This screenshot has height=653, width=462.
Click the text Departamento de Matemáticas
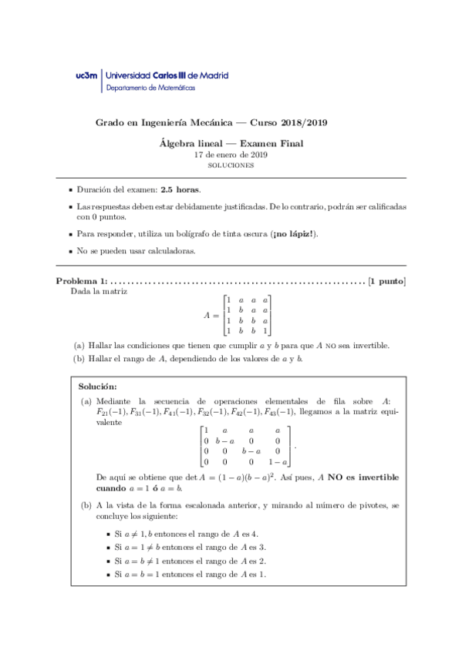(x=150, y=89)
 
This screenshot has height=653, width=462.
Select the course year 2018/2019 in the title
(x=306, y=123)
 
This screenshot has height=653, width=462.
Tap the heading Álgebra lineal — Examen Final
(x=231, y=142)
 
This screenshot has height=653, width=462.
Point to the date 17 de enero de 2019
(x=231, y=154)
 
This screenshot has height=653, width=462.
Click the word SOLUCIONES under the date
(x=231, y=165)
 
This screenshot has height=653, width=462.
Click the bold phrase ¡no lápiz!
(x=294, y=233)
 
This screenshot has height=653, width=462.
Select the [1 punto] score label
(x=387, y=281)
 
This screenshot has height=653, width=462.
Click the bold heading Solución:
(x=98, y=385)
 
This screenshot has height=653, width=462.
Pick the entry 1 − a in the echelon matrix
(x=278, y=462)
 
